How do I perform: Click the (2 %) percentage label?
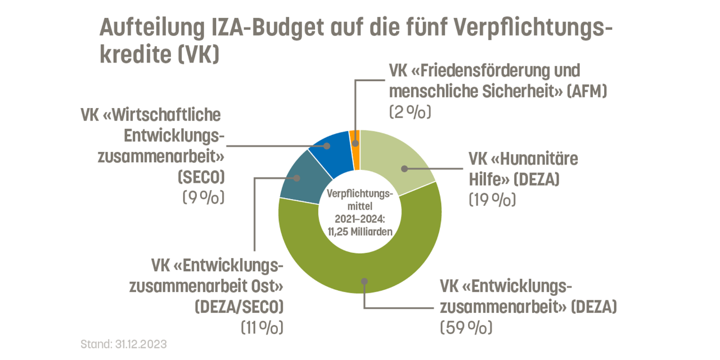click(409, 112)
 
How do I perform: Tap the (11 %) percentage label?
click(262, 327)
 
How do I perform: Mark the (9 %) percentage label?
click(203, 198)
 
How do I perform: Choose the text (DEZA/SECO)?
click(238, 307)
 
